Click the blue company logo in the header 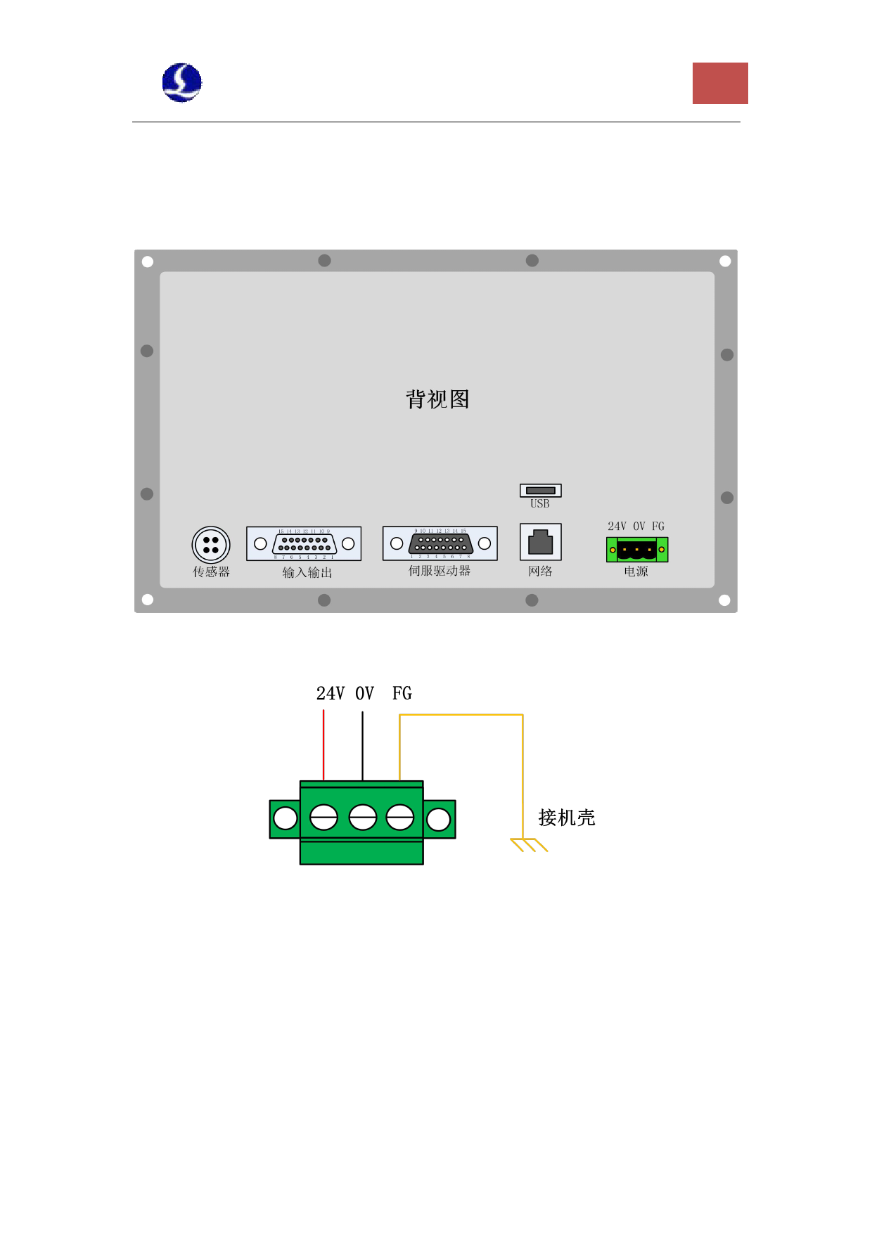click(182, 83)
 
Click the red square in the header click(720, 83)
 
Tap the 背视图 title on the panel click(437, 399)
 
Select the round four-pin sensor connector click(211, 545)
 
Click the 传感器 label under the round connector click(212, 572)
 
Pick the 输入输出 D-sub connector click(304, 543)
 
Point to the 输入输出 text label click(307, 573)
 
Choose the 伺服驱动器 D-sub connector click(440, 543)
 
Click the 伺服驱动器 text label click(440, 571)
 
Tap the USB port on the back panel click(541, 490)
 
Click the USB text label click(540, 504)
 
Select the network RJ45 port click(541, 542)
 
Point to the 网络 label click(541, 572)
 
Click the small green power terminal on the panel click(637, 549)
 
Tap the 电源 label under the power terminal click(636, 572)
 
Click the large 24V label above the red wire click(331, 694)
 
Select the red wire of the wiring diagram click(323, 745)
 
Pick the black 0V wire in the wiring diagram click(363, 745)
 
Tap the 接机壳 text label click(567, 818)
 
